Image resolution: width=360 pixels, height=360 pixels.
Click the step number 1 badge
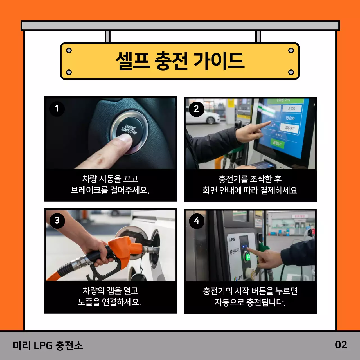coord(57,109)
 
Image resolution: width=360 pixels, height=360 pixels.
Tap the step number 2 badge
coord(196,109)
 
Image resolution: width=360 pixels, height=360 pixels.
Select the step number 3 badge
coord(57,220)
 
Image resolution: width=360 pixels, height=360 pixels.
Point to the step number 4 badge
coord(197,221)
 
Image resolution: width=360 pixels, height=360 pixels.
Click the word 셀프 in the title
coord(132,61)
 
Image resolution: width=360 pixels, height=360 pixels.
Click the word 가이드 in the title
coord(219,61)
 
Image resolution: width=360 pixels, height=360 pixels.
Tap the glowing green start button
coord(247,257)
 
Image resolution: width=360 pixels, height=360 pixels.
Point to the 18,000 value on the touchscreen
coord(290,118)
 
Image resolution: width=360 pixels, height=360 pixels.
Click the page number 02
coord(341,345)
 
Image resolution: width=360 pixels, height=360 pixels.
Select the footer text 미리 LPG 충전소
coord(48,345)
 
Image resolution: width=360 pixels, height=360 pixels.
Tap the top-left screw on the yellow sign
coord(69,51)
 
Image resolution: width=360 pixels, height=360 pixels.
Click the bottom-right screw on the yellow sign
coord(291,72)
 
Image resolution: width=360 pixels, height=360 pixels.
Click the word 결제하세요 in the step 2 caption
coord(279,190)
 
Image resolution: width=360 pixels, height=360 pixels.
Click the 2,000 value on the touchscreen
coord(291,109)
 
